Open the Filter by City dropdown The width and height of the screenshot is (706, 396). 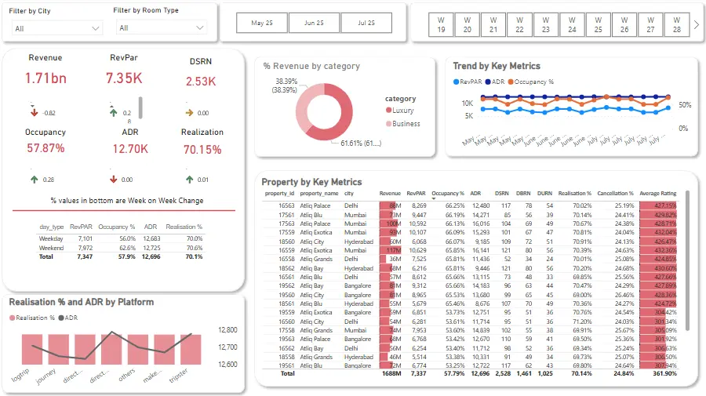[57, 28]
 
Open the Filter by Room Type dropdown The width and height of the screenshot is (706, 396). [162, 28]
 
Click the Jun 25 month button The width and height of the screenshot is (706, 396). [312, 24]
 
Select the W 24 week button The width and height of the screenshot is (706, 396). [572, 24]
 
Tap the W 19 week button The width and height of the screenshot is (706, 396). [441, 24]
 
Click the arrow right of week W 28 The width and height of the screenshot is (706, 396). [695, 25]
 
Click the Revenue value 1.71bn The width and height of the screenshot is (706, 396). [45, 78]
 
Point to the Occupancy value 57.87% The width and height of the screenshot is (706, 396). [45, 148]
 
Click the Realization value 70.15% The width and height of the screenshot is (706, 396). [202, 150]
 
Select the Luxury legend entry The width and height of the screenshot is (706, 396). [402, 111]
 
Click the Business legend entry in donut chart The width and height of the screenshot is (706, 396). [406, 124]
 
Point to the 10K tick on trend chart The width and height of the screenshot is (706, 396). [466, 104]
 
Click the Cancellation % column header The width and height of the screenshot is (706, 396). [614, 193]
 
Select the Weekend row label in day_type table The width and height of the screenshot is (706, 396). [52, 247]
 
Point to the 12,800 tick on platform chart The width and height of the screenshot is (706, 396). [227, 330]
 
